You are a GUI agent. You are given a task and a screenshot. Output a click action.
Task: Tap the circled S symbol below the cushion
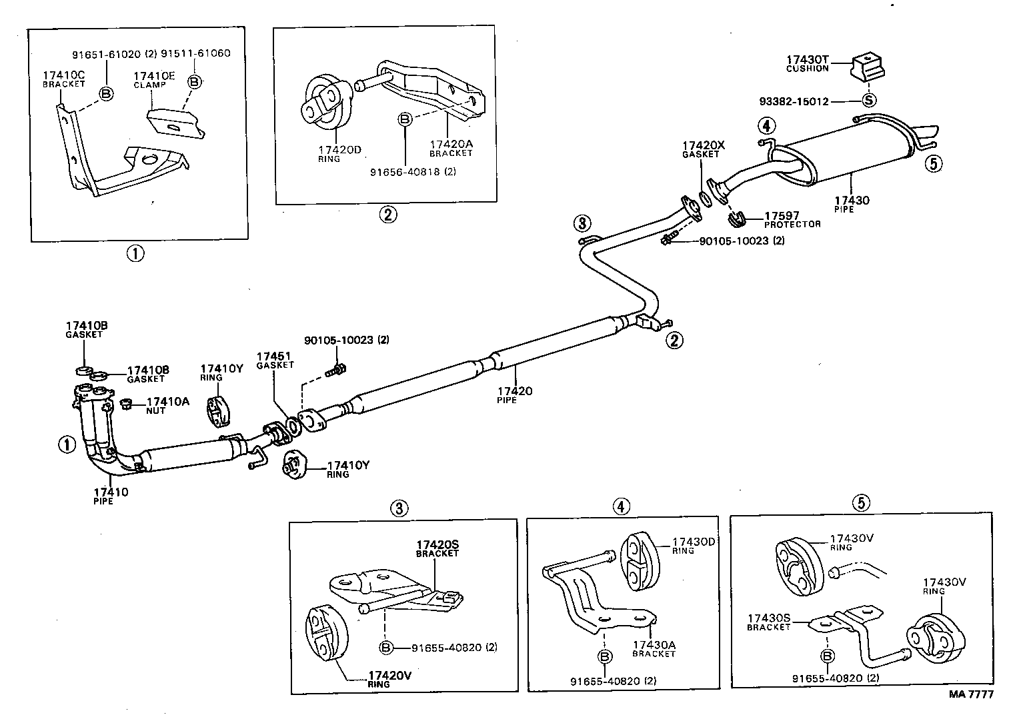868,101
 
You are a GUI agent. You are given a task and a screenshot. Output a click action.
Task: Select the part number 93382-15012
794,102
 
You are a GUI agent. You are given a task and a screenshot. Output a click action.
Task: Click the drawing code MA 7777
972,694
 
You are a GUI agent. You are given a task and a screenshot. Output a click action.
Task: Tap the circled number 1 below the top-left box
135,253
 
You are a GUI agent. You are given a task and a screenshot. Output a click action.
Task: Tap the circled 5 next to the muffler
934,163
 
